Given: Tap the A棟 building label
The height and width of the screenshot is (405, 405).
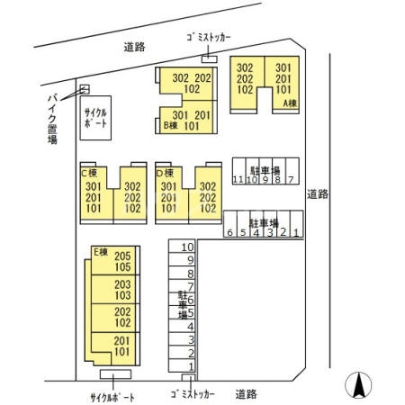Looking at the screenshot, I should coord(290,103).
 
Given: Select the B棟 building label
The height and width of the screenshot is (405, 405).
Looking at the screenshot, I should coord(168,126).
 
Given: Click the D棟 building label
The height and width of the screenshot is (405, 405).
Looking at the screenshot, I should coord(165,173).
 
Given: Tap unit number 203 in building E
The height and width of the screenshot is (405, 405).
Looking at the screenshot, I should coord(122,284).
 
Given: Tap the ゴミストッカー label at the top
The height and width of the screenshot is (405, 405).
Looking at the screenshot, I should coord(208,37).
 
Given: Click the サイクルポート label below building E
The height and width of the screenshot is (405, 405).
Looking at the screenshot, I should coord(112,396).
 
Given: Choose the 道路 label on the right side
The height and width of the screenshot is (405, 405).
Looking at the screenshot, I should coord(317,193).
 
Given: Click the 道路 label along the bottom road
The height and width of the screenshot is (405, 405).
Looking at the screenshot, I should coord(247,394).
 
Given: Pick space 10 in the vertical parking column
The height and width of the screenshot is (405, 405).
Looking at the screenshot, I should coord(188,247).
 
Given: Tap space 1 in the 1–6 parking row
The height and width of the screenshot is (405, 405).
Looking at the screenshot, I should coord(296,233).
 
